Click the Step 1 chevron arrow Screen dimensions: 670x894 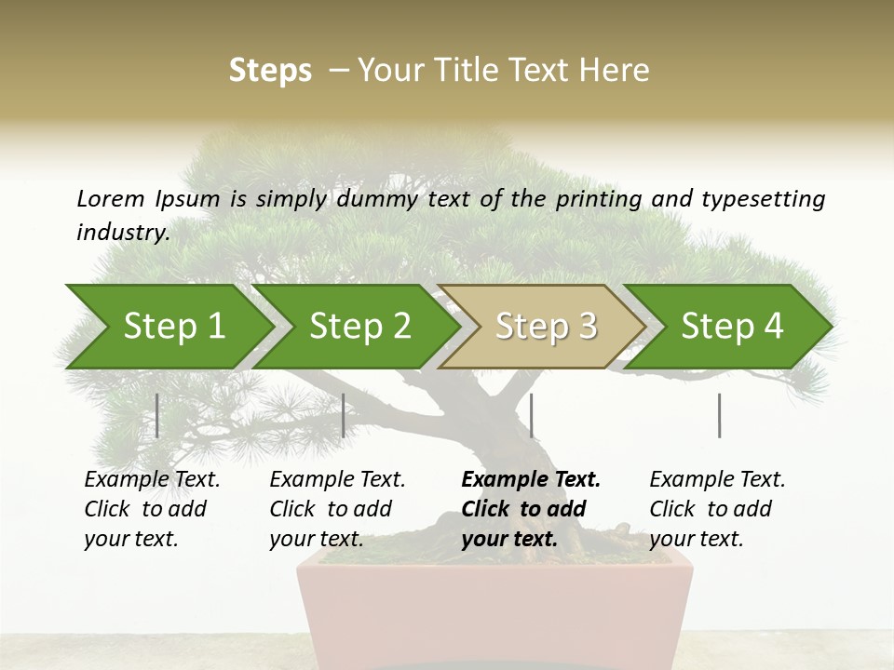click(172, 327)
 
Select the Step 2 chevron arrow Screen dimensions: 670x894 click(359, 327)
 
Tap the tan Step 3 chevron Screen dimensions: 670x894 click(545, 327)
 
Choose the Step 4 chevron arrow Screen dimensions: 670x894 click(731, 327)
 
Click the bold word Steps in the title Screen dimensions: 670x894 click(270, 71)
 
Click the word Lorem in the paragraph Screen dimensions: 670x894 click(110, 198)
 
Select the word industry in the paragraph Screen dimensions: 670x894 click(123, 232)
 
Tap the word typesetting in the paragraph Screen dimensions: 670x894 click(763, 199)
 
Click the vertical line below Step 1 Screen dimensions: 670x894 click(157, 415)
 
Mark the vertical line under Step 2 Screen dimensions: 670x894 click(344, 415)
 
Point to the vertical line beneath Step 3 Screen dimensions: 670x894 click(531, 415)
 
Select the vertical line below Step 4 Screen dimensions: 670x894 click(719, 415)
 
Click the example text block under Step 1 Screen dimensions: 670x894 click(152, 509)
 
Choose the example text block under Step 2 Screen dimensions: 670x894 click(337, 509)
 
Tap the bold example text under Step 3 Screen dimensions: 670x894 click(530, 509)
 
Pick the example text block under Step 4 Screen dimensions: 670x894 click(717, 509)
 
